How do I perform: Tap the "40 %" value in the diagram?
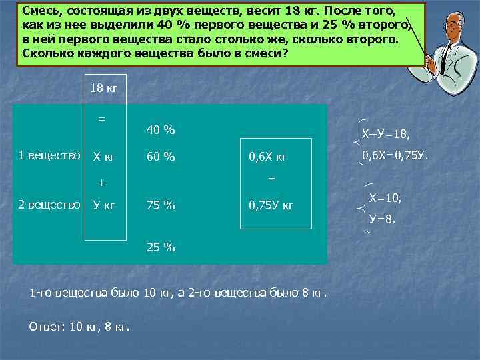pyautogui.click(x=160, y=130)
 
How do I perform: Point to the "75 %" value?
pyautogui.click(x=160, y=205)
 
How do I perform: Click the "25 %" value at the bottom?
pyautogui.click(x=160, y=248)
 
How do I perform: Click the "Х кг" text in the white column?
pyautogui.click(x=104, y=157)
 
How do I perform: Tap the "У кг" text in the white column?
pyautogui.click(x=104, y=205)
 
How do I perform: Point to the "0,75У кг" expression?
pyautogui.click(x=271, y=205)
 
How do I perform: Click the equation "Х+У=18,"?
pyautogui.click(x=386, y=135)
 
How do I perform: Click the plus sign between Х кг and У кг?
pyautogui.click(x=102, y=182)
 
